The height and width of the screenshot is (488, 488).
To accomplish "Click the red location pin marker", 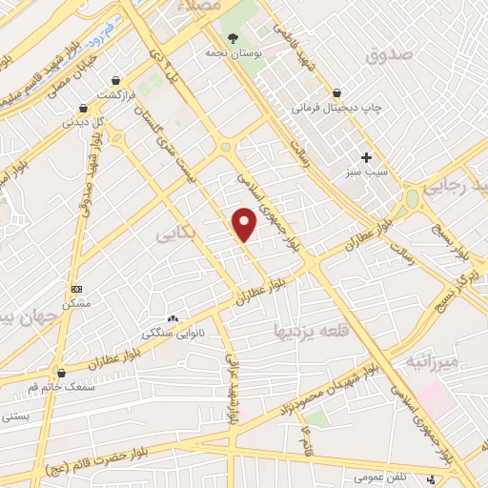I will [x=245, y=223].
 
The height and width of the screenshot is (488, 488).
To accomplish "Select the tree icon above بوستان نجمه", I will [x=233, y=37].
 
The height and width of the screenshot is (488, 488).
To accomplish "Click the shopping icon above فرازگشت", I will [x=115, y=81].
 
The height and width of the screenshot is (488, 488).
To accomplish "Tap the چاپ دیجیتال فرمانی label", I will [x=335, y=108].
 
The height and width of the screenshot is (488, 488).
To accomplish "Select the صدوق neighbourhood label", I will [x=391, y=55].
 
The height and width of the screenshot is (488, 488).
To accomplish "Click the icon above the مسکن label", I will [x=77, y=289].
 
